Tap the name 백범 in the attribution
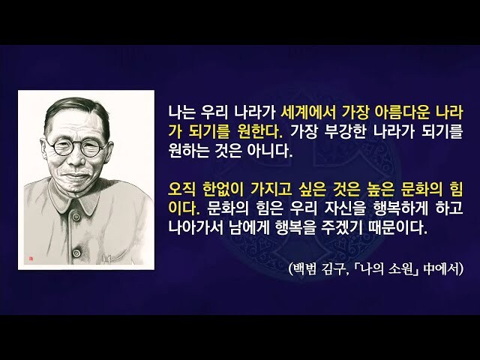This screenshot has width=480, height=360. [x=308, y=268]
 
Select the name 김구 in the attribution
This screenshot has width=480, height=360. [x=340, y=268]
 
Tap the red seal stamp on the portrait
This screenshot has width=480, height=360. [x=31, y=257]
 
